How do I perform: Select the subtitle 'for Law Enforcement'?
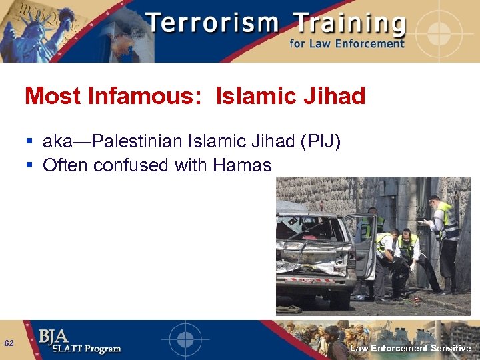(x=347, y=44)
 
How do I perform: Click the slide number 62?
(x=9, y=343)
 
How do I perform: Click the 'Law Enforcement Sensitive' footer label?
(x=411, y=349)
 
